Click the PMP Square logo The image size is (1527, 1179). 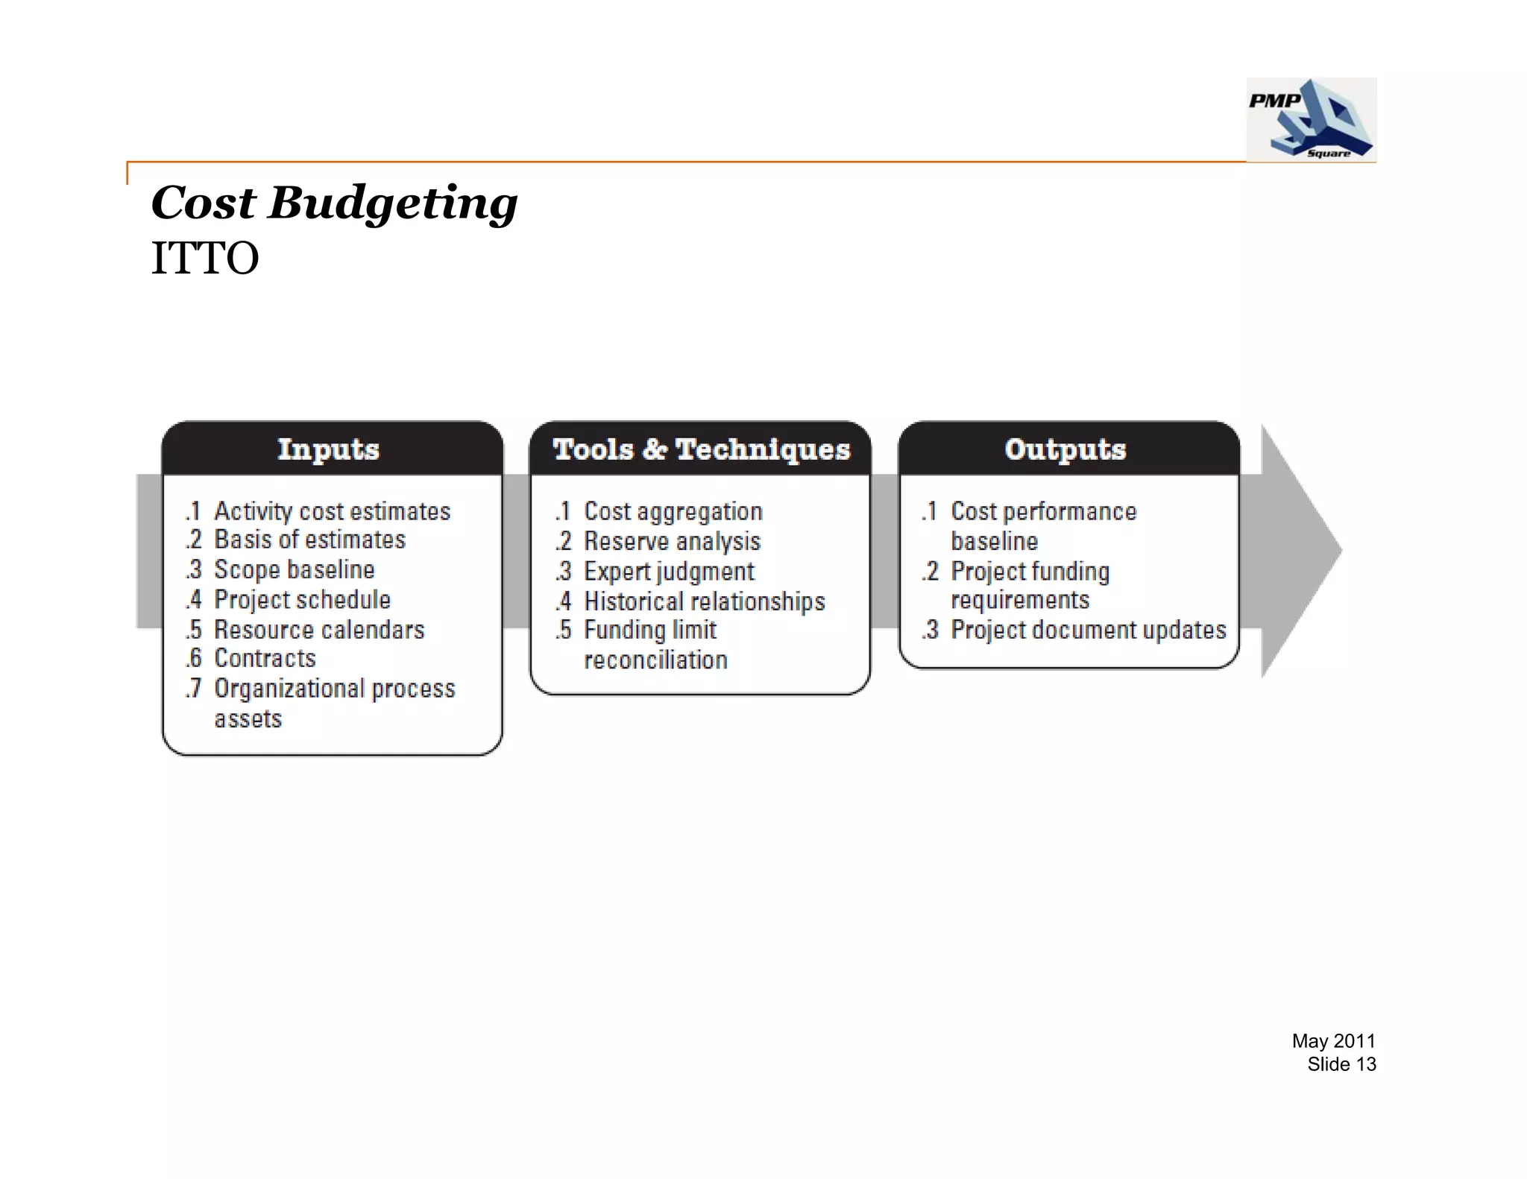click(x=1311, y=119)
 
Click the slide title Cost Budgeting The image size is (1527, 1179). click(x=334, y=203)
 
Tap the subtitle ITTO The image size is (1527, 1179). click(x=205, y=259)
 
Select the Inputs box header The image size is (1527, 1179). click(x=329, y=449)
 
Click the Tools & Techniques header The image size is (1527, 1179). click(x=701, y=449)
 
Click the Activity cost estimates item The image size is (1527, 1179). click(x=332, y=511)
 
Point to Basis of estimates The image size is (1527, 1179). click(x=309, y=540)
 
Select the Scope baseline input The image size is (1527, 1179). click(x=294, y=569)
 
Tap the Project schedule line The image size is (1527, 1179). click(x=302, y=599)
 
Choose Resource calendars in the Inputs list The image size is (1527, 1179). click(x=319, y=630)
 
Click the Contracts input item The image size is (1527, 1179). click(x=265, y=658)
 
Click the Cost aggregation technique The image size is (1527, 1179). click(x=673, y=511)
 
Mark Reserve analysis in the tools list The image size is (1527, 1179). click(x=672, y=541)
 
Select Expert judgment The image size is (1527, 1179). click(x=669, y=572)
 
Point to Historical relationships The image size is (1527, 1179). click(x=704, y=601)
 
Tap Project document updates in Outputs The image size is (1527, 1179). click(x=1088, y=630)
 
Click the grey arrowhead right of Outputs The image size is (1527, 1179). click(x=1301, y=551)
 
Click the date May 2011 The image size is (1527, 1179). click(x=1333, y=1041)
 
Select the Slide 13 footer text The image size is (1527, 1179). click(x=1341, y=1064)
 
